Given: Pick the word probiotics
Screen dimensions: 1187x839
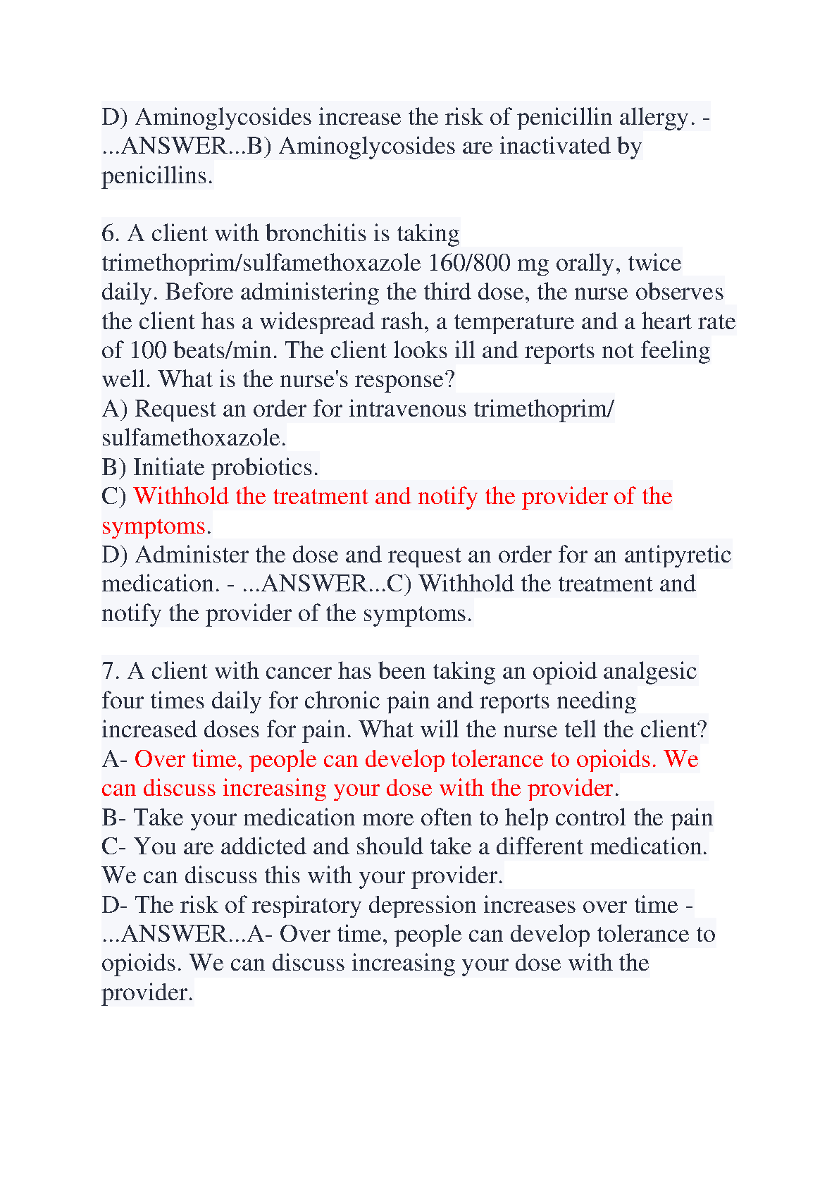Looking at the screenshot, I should [x=265, y=467].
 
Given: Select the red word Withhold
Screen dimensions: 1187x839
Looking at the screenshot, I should [x=182, y=496].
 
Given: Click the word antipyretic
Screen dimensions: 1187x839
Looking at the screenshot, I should [x=677, y=555].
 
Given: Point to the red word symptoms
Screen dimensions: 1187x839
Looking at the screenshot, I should [x=154, y=526].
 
